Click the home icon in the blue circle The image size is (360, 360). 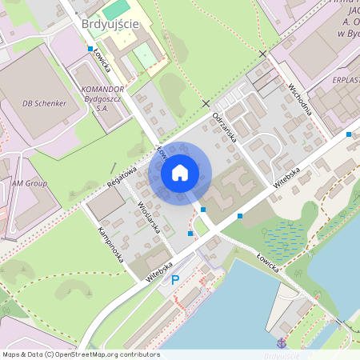point(180,173)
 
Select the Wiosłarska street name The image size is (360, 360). point(149,215)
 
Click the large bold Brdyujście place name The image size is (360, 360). point(110,24)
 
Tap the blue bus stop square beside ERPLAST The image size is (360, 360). point(350,134)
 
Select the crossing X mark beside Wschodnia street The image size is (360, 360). point(263,54)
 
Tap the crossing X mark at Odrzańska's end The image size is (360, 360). point(206,104)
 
